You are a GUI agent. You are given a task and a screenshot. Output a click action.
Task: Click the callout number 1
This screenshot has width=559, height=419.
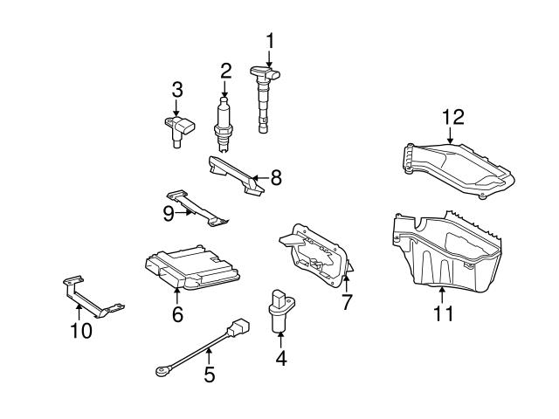[270, 39]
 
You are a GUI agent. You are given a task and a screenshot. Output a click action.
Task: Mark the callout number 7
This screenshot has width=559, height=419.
[346, 301]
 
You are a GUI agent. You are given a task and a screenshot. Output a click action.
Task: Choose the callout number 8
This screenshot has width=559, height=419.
[276, 178]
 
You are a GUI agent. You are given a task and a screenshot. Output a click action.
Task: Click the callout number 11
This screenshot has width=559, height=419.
[444, 312]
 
